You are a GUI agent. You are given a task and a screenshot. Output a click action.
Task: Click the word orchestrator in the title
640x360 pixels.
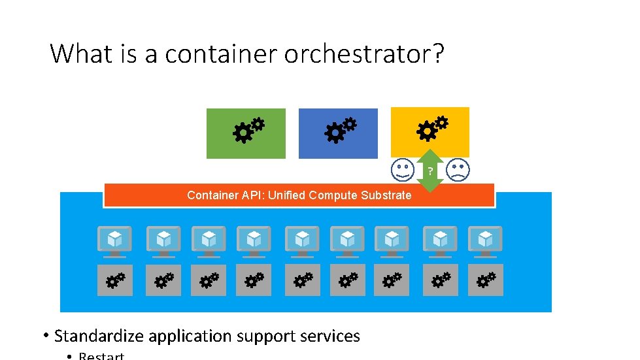[x=364, y=54]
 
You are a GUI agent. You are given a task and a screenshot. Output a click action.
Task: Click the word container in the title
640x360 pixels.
[x=221, y=54]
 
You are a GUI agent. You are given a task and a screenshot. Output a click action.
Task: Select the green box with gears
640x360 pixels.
[x=246, y=133]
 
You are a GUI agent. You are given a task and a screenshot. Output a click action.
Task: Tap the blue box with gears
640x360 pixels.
[x=338, y=133]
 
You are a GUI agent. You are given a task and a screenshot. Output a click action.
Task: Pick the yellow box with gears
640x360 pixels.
[x=429, y=131]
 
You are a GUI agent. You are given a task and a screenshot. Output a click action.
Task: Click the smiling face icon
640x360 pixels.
[x=402, y=170]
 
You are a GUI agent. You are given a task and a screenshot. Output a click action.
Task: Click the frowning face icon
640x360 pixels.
[x=458, y=170]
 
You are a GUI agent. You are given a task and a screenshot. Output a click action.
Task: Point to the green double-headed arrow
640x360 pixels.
[x=429, y=171]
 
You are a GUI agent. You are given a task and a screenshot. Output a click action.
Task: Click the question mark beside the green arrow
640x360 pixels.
[x=430, y=172]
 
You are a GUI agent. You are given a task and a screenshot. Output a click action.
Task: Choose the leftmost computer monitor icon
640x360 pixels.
[x=114, y=240]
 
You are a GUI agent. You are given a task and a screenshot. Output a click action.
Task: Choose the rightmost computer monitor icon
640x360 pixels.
[x=486, y=240]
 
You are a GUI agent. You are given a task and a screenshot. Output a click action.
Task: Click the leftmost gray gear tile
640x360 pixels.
[x=115, y=280]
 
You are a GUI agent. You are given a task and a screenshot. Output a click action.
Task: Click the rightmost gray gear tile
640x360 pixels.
[x=486, y=280]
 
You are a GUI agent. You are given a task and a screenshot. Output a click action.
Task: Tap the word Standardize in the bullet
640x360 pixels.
[x=99, y=336]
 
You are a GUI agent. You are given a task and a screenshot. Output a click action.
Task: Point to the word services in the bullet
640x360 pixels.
[x=329, y=336]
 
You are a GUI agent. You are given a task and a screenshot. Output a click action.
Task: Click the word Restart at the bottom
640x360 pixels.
[x=101, y=356]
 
